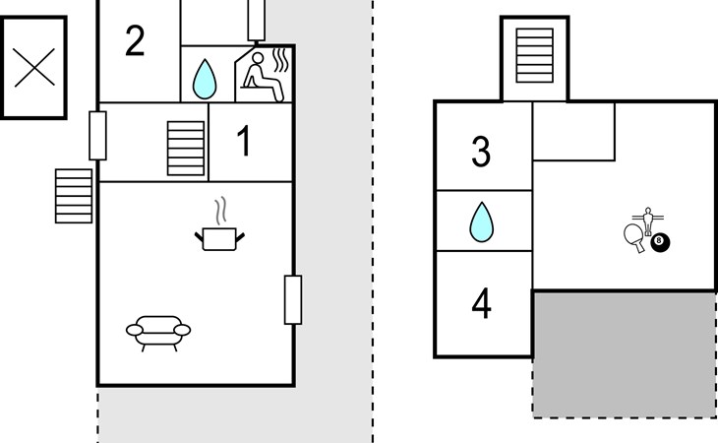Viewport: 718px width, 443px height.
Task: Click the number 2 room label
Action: (136, 40)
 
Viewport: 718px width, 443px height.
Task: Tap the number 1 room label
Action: (244, 142)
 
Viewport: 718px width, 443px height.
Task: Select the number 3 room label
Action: (480, 153)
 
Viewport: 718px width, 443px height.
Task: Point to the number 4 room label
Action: (481, 304)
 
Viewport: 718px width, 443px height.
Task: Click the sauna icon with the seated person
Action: (264, 75)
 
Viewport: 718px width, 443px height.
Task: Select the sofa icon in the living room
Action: (158, 331)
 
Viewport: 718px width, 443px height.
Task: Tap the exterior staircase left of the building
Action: (74, 197)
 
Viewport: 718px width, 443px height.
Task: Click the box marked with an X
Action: (33, 67)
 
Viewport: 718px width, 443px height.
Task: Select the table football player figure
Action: (647, 217)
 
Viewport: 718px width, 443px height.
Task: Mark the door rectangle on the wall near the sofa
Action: (292, 299)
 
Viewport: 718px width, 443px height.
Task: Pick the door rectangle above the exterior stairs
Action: (97, 135)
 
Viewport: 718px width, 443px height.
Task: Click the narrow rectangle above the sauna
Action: (257, 18)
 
